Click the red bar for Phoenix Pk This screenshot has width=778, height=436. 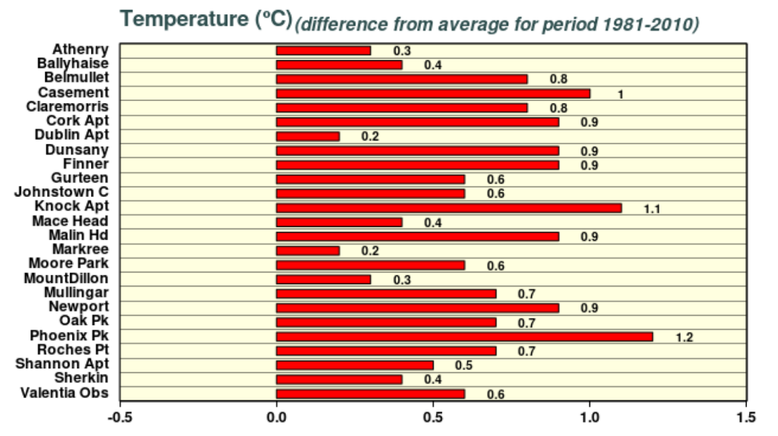pos(464,336)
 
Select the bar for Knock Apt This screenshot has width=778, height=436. pos(448,207)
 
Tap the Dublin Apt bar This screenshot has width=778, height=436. pos(308,136)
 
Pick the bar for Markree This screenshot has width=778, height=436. pos(308,251)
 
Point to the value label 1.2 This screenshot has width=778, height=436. pos(684,337)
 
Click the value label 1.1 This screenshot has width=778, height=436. pos(652,209)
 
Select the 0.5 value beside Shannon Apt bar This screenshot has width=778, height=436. pos(463,366)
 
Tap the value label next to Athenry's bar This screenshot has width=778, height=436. pos(402,51)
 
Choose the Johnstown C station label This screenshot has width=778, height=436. pos(62,192)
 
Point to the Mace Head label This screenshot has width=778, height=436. pos(71,221)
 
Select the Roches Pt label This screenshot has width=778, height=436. pos(73,350)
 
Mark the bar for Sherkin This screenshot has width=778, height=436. pos(339,379)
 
